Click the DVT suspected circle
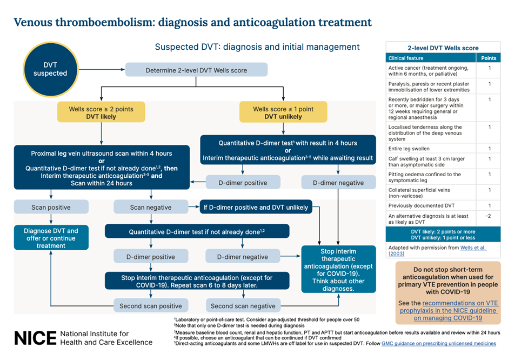pyautogui.click(x=50, y=69)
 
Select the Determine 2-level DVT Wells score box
pyautogui.click(x=196, y=70)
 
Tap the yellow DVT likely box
pyautogui.click(x=101, y=112)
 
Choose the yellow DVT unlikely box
pyautogui.click(x=283, y=112)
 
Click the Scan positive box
pyautogui.click(x=50, y=207)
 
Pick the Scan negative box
pyautogui.click(x=151, y=207)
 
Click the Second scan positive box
pyautogui.click(x=151, y=306)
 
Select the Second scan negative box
pyautogui.click(x=244, y=306)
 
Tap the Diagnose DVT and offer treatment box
pyautogui.click(x=51, y=238)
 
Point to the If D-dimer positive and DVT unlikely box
pyautogui.click(x=256, y=207)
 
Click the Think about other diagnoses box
pyautogui.click(x=338, y=269)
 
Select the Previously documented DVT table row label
pyautogui.click(x=413, y=205)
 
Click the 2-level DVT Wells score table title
pyautogui.click(x=443, y=48)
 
